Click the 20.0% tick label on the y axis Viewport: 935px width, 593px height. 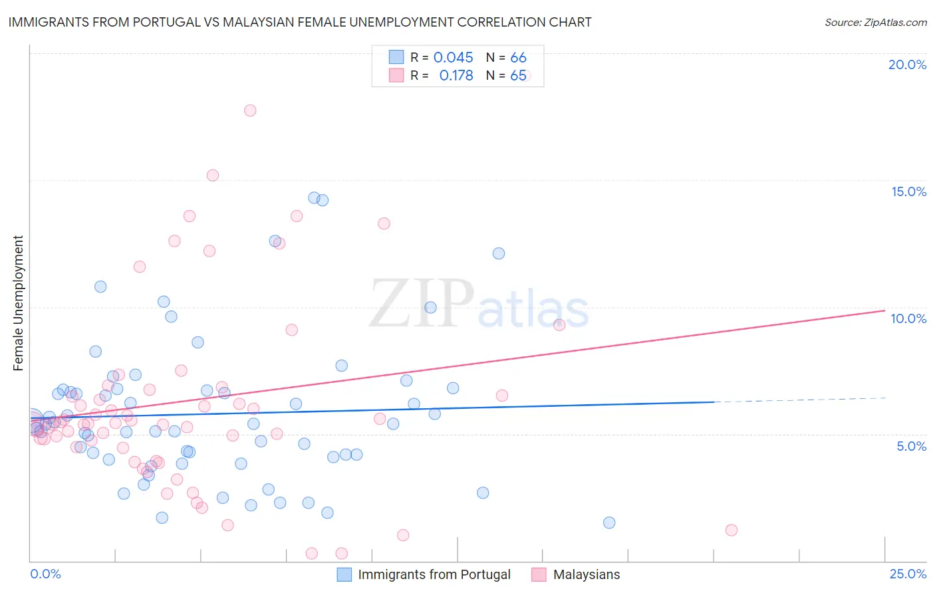pyautogui.click(x=907, y=64)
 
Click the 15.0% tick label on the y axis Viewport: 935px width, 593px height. pyautogui.click(x=908, y=191)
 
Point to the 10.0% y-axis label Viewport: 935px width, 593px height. pyautogui.click(x=908, y=318)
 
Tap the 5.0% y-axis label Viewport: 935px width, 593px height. pyautogui.click(x=911, y=446)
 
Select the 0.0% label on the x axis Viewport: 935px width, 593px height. pyautogui.click(x=45, y=574)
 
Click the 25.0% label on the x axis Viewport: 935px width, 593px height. pyautogui.click(x=908, y=574)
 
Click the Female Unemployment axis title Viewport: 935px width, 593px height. pyautogui.click(x=18, y=303)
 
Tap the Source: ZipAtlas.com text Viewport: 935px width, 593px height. pyautogui.click(x=875, y=22)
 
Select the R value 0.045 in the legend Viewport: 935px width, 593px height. pyautogui.click(x=453, y=58)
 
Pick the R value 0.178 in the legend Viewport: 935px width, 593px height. pyautogui.click(x=456, y=76)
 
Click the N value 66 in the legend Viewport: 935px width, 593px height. pyautogui.click(x=518, y=58)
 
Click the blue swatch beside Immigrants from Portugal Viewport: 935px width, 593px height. pyautogui.click(x=344, y=574)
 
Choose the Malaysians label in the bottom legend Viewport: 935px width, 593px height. pyautogui.click(x=586, y=574)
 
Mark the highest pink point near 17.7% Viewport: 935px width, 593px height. pyautogui.click(x=250, y=110)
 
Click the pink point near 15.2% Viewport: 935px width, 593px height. pyautogui.click(x=213, y=176)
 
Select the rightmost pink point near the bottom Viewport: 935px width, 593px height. pyautogui.click(x=732, y=530)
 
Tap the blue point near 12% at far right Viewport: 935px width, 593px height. pyautogui.click(x=499, y=253)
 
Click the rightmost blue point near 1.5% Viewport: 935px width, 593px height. pyautogui.click(x=609, y=523)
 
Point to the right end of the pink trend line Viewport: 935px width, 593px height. pyautogui.click(x=884, y=310)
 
